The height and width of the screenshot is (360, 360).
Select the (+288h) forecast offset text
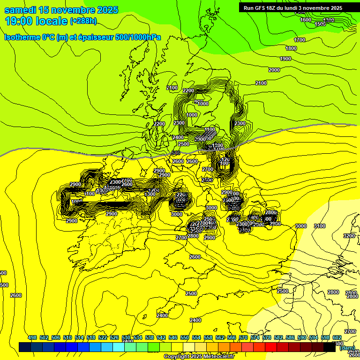pyautogui.click(x=83, y=21)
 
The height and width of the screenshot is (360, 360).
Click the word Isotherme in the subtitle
pyautogui.click(x=22, y=37)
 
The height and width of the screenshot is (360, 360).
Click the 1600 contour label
pyautogui.click(x=305, y=20)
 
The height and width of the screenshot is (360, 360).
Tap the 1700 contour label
pyautogui.click(x=300, y=40)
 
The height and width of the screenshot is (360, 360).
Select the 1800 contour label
pyautogui.click(x=291, y=48)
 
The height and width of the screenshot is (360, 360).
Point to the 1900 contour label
pyautogui.click(x=285, y=59)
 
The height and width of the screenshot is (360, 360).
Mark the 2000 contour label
pyautogui.click(x=274, y=70)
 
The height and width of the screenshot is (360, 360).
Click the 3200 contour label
pyautogui.click(x=349, y=236)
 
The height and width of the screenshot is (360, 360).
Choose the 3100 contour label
pyautogui.click(x=319, y=226)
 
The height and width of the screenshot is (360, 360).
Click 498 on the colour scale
pyautogui.click(x=32, y=337)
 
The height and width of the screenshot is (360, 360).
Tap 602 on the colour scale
pyautogui.click(x=337, y=337)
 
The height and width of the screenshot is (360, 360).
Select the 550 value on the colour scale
pyautogui.click(x=185, y=337)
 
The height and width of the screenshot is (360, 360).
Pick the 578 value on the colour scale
pyautogui.click(x=267, y=337)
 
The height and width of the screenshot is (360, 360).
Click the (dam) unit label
pyautogui.click(x=346, y=348)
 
